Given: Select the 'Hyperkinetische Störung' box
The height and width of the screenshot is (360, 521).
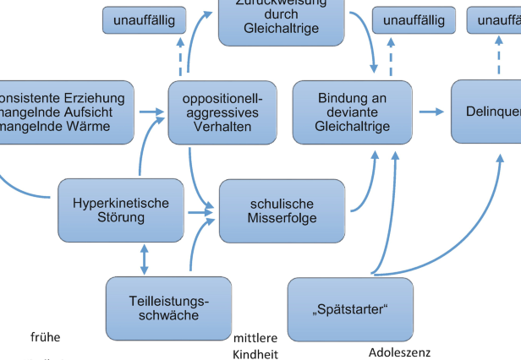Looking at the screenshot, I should (120, 210).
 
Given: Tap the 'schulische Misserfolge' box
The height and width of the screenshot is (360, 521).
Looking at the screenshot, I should (282, 211).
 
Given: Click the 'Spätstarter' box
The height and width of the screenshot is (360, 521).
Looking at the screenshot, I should (350, 308).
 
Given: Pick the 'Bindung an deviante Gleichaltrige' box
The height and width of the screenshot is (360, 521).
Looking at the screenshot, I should (352, 112).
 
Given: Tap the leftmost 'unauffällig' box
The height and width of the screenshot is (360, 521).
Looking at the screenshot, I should (145, 20).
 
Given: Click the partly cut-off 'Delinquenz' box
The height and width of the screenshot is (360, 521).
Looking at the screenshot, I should (486, 112).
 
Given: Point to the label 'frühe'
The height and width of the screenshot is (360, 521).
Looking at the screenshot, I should (45, 337).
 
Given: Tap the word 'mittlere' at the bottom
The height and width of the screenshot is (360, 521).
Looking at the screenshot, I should (255, 338).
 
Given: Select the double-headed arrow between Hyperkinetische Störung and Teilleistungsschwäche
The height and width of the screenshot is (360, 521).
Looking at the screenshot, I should (144, 259).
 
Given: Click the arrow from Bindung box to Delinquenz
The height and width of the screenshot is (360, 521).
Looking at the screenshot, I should (431, 112).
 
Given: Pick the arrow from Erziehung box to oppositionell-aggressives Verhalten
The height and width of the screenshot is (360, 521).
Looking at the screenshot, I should (152, 112).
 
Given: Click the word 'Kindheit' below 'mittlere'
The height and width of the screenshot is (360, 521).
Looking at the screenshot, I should (255, 354).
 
